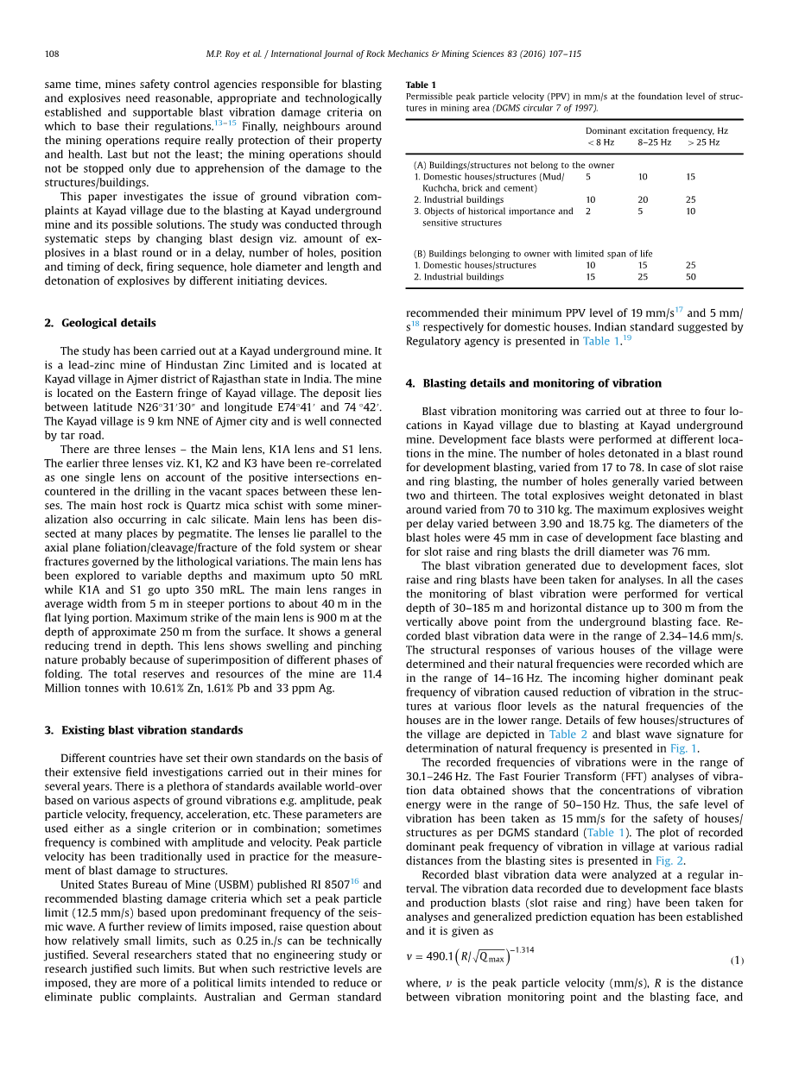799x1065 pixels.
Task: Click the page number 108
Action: point(52,54)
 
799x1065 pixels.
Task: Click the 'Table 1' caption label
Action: point(421,85)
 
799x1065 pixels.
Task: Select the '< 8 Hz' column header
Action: point(600,142)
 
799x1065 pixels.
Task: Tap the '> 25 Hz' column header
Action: point(703,142)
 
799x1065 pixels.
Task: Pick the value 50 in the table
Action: point(691,277)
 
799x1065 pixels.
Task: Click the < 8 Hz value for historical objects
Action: point(588,211)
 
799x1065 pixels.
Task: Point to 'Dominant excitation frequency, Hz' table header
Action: point(656,131)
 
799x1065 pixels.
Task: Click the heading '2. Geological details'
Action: point(100,323)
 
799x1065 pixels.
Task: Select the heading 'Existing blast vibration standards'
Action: point(152,730)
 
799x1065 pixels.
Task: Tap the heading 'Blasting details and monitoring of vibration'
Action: point(542,383)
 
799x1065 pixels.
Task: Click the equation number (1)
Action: point(737,961)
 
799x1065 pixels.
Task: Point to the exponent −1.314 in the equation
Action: point(522,949)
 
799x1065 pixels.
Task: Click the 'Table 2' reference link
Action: point(568,734)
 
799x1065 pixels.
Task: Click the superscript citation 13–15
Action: point(225,123)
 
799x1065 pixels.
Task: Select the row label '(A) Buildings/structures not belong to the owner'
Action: point(514,165)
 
